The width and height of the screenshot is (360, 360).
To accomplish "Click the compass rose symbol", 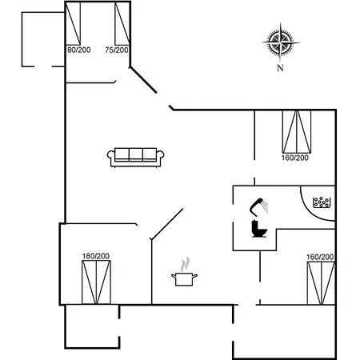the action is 281,42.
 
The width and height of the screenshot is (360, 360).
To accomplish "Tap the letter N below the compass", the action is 280,68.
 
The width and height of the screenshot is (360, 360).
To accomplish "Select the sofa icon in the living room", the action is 135,158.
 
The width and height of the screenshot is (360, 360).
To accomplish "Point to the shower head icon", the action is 259,206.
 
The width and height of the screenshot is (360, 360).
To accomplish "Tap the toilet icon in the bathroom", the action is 259,229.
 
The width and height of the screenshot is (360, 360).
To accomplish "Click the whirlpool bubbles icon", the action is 322,202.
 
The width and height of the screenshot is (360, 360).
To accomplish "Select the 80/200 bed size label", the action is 78,50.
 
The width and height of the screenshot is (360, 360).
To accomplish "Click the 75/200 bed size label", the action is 117,50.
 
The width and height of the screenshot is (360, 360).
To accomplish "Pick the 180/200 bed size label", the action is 96,256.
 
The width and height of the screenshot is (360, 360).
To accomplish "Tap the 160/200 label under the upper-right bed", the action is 295,158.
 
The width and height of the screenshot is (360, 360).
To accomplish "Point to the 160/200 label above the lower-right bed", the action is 320,257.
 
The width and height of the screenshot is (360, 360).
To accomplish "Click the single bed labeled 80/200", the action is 73,23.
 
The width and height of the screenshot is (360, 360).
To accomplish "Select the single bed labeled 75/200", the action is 122,23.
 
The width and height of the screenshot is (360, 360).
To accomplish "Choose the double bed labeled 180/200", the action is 96,282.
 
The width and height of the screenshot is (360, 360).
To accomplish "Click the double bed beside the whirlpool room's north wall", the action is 297,132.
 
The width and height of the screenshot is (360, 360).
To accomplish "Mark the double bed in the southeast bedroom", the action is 321,283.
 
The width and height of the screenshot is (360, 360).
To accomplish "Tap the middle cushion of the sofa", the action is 136,154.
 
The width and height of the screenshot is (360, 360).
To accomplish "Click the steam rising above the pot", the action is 185,264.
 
